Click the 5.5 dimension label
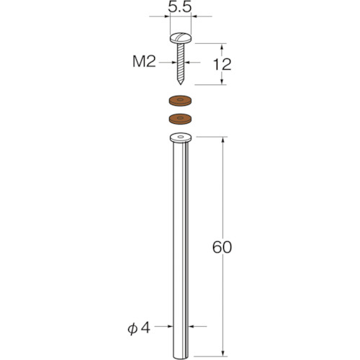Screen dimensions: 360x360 (x=180, y=7)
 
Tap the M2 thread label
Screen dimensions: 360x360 (x=144, y=61)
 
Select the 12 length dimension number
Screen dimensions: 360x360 (x=222, y=64)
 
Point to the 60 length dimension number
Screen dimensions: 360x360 (x=222, y=247)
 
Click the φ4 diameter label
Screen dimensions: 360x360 (x=139, y=328)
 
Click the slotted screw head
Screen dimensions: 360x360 (x=181, y=38)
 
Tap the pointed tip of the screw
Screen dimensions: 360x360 (x=181, y=83)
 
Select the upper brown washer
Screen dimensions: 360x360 (x=181, y=101)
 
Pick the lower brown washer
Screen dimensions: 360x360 (x=181, y=119)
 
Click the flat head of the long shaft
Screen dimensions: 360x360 (x=181, y=138)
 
